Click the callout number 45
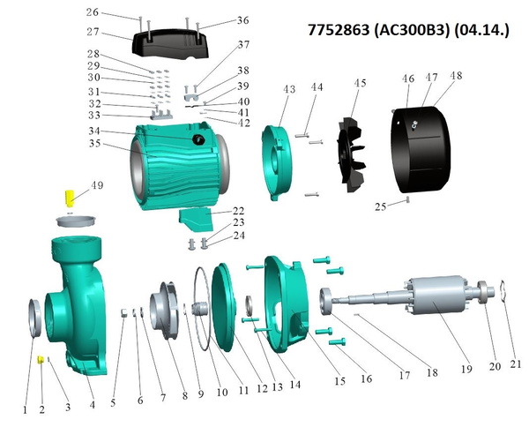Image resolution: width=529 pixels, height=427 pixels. click(x=360, y=83)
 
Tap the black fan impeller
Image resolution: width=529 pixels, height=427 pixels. click(x=352, y=155)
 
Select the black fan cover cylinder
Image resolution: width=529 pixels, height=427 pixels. click(x=421, y=149)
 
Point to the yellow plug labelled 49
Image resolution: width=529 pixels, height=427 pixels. click(x=70, y=199)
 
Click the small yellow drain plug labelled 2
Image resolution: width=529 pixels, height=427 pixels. click(x=41, y=359)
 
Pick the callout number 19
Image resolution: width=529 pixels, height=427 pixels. click(x=466, y=369)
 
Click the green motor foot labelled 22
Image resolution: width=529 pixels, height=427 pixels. click(x=196, y=220)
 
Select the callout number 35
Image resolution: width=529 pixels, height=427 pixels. click(x=95, y=144)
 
